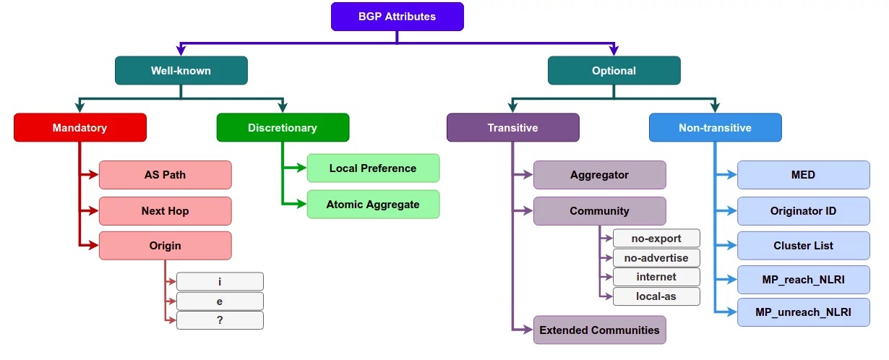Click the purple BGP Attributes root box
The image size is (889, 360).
tap(397, 17)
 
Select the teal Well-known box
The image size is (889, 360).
tap(181, 71)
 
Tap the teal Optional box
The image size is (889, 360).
tap(614, 71)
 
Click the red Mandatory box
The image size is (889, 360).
tap(80, 128)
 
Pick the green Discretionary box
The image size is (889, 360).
tap(283, 128)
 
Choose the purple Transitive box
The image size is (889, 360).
tap(512, 128)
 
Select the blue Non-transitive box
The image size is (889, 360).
tap(715, 128)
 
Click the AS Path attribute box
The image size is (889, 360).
tap(165, 175)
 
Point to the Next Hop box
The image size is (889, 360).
tap(165, 211)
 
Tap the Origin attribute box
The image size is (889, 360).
tap(165, 246)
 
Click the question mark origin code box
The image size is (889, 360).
tap(220, 320)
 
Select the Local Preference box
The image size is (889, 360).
tap(373, 168)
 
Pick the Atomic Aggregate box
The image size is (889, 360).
tap(373, 205)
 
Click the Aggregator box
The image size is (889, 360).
tap(599, 175)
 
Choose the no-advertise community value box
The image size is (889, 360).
tap(656, 258)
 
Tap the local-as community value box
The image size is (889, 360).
tap(656, 296)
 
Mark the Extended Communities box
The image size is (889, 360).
tap(599, 330)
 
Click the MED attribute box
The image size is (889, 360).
tap(803, 175)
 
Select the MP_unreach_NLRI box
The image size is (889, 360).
tap(803, 313)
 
